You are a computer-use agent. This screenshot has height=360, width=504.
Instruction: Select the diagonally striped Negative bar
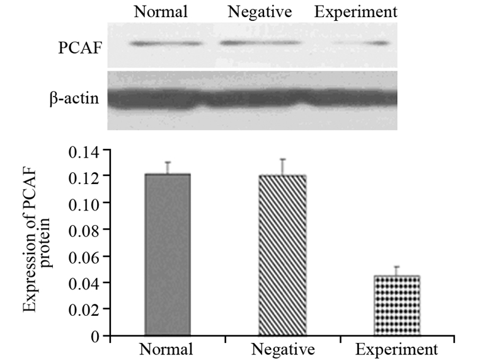(x=282, y=255)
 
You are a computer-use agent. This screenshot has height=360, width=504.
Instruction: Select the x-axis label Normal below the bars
(x=167, y=349)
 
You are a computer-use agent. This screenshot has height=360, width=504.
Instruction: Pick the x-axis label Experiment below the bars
(x=397, y=349)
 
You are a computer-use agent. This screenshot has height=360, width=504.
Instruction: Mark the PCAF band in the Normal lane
(x=166, y=44)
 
